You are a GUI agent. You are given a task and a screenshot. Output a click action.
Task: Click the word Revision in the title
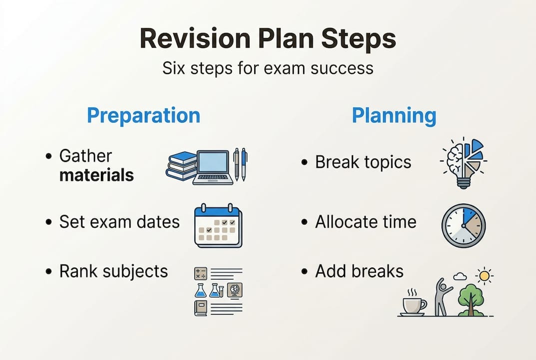195,38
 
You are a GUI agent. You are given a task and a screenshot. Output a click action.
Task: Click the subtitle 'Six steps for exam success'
268,68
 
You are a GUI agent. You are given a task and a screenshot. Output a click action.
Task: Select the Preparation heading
143,116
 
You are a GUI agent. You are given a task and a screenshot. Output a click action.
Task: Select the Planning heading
394,115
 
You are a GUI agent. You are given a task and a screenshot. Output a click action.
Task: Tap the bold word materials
96,175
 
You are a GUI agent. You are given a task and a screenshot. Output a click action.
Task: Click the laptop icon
213,167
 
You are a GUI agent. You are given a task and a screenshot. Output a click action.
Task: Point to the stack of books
181,166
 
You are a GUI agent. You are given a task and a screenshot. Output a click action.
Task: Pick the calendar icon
218,226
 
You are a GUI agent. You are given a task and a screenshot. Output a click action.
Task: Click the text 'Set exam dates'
119,221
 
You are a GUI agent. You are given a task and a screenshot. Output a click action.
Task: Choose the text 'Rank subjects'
113,271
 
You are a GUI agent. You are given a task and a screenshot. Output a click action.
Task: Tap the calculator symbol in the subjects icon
200,273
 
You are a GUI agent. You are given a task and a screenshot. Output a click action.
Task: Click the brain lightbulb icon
464,163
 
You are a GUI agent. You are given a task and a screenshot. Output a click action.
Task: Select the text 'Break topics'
363,162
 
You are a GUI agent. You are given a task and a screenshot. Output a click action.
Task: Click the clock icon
464,226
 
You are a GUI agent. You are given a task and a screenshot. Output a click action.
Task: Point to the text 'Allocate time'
366,221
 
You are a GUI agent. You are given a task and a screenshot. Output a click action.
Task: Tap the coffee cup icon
414,303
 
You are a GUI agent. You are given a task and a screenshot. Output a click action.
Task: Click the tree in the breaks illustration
471,299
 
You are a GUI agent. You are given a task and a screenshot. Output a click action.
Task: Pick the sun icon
485,276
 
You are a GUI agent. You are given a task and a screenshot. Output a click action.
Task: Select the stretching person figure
442,296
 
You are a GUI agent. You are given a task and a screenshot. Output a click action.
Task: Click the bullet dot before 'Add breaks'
305,271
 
